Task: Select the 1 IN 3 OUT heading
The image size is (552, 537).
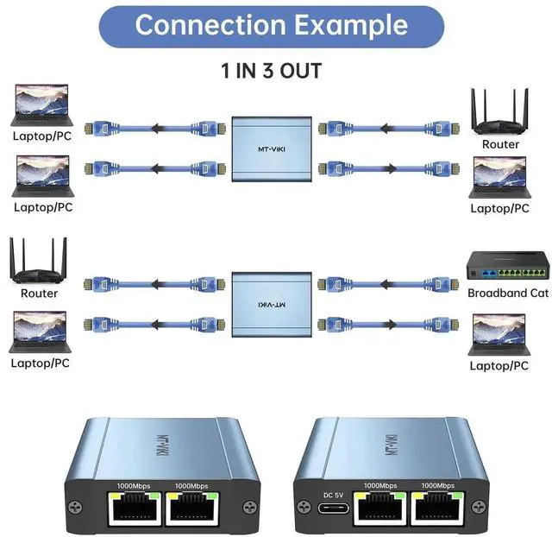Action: coord(273,71)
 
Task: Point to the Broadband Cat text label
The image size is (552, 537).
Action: coord(508,294)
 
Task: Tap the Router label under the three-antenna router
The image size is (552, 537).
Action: coord(500,144)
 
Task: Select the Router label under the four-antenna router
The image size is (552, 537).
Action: coord(39,294)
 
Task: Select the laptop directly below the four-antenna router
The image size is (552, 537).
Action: coord(39,332)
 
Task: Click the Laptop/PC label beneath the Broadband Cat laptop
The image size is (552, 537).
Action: coord(499,365)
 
